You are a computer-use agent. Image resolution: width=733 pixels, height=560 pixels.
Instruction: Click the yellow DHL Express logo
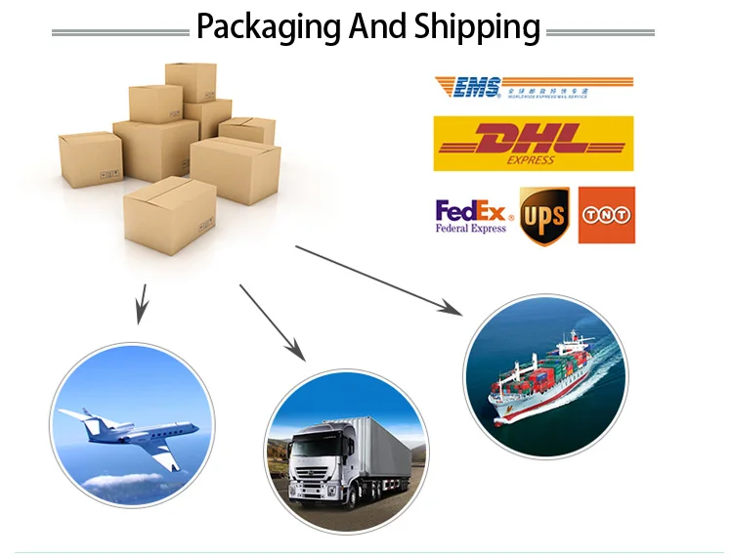click(533, 144)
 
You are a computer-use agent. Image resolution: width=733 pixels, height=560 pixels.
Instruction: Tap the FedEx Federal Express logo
click(471, 216)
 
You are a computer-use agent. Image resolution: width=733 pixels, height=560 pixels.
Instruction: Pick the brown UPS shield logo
click(543, 215)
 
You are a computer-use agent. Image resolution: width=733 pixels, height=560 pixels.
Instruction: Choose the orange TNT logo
click(607, 215)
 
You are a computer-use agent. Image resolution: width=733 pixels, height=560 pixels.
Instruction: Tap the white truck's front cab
click(323, 469)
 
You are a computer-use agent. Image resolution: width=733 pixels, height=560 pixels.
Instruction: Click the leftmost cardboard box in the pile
click(90, 159)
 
